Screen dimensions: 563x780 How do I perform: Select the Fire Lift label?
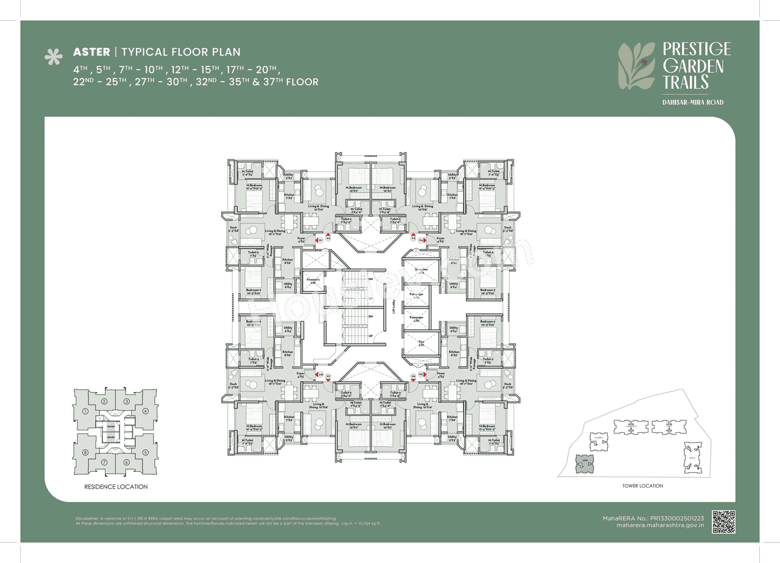click(x=420, y=343)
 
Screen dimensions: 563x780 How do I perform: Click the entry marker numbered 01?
click(x=319, y=240)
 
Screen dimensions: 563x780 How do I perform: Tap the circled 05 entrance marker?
click(x=420, y=376)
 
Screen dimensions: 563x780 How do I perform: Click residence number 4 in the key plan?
click(x=146, y=411)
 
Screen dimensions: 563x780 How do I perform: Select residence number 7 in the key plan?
click(x=105, y=462)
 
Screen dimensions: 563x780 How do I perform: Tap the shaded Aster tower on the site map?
click(x=584, y=463)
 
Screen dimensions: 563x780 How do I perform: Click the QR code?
click(x=724, y=522)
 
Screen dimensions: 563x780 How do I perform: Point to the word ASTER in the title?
click(x=91, y=52)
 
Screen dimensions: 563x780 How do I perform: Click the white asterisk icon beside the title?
click(x=54, y=57)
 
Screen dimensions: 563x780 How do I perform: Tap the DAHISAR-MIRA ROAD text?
click(x=693, y=102)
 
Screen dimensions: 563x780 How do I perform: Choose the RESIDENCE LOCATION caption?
click(x=116, y=487)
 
